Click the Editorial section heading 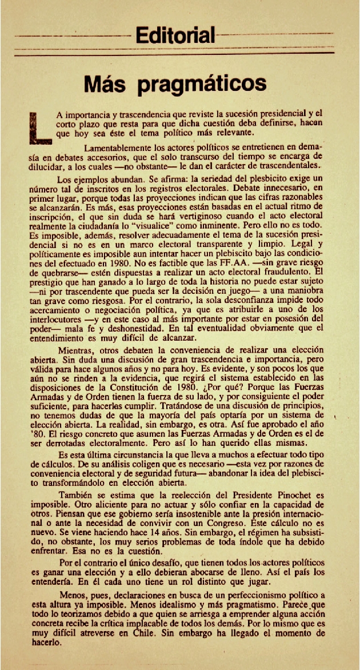[x=175, y=35]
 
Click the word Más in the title [x=108, y=84]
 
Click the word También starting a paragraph [x=77, y=495]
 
